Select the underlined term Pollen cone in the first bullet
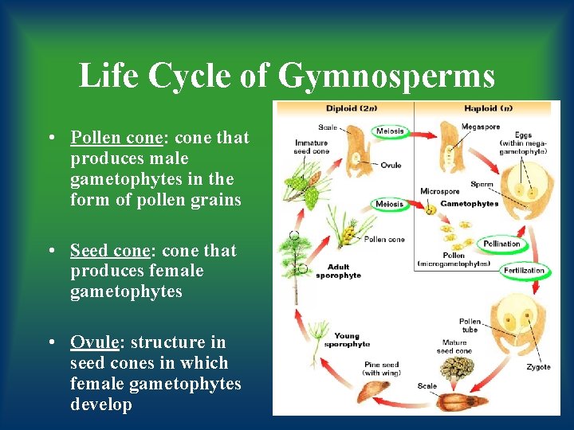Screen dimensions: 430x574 coord(116,138)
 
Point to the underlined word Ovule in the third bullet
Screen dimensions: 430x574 coord(94,342)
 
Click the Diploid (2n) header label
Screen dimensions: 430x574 coord(352,108)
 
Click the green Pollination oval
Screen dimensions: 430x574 coord(501,244)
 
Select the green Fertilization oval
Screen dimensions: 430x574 coord(524,271)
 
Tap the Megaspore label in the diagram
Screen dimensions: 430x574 coord(480,127)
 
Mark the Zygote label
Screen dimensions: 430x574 coord(538,367)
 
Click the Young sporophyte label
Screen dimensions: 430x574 coord(347,340)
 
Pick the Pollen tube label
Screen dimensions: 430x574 coord(470,326)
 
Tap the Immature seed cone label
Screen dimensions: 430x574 coord(310,146)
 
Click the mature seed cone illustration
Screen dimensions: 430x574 coord(458,368)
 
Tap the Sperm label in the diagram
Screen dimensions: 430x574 coord(482,184)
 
